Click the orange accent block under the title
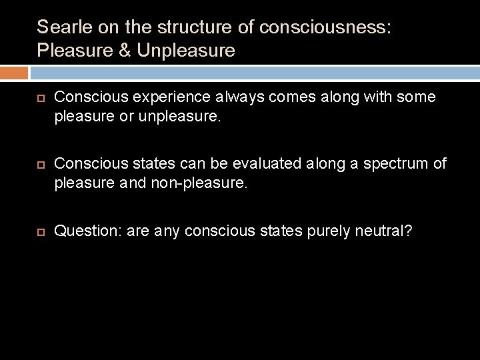click(14, 73)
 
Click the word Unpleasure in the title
click(186, 51)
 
